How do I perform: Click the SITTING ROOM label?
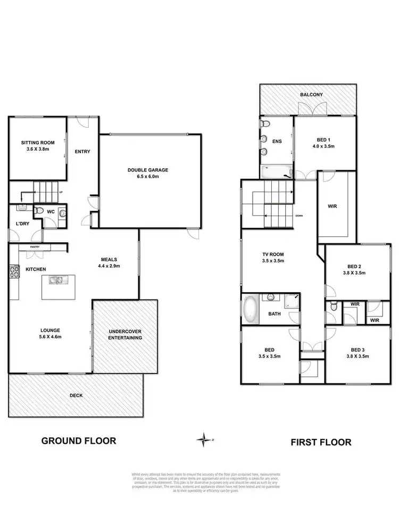36,143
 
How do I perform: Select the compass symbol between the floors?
203,439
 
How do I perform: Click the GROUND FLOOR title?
78,440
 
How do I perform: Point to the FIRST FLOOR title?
321,442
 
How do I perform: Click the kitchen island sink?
56,280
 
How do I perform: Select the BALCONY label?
311,95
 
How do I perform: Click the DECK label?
76,395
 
